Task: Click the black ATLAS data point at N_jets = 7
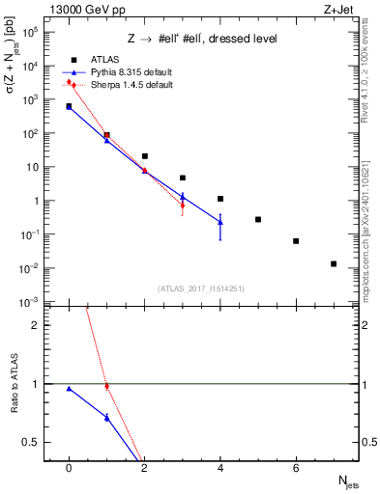pyautogui.click(x=334, y=263)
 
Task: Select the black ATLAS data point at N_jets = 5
pyautogui.click(x=258, y=219)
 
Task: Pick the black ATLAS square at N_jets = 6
pyautogui.click(x=296, y=241)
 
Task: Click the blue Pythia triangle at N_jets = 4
pyautogui.click(x=220, y=222)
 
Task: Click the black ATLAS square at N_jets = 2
pyautogui.click(x=144, y=155)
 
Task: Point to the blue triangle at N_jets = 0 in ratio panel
pyautogui.click(x=69, y=389)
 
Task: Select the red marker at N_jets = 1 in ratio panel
pyautogui.click(x=106, y=386)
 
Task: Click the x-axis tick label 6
pyautogui.click(x=296, y=468)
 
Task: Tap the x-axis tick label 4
pyautogui.click(x=220, y=468)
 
